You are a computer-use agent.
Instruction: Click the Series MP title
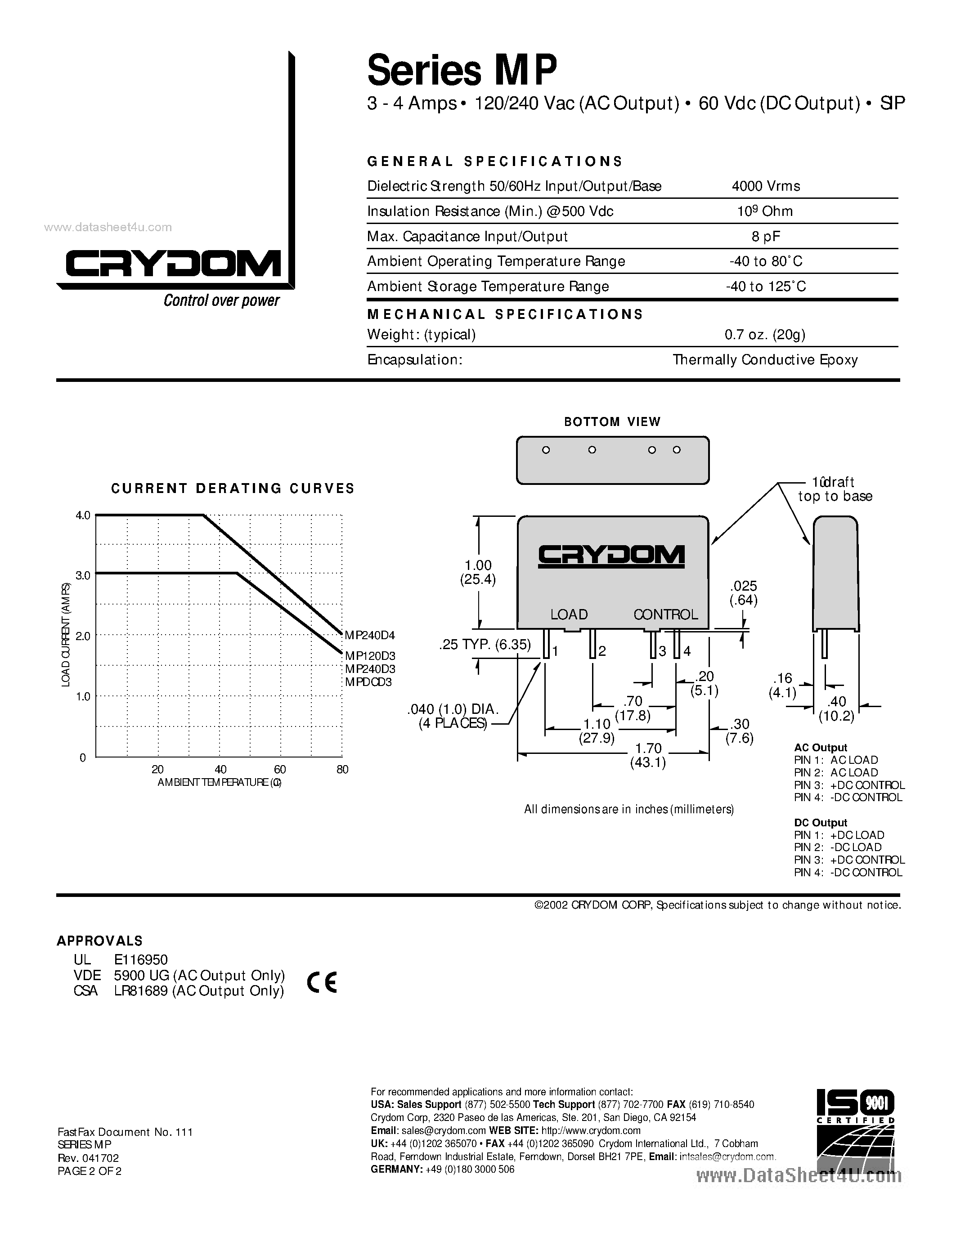point(462,70)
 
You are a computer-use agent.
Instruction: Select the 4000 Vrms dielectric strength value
point(766,186)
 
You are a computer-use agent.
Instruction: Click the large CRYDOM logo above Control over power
point(173,264)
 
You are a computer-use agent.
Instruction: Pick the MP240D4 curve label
point(370,636)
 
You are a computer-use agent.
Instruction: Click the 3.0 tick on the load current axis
point(83,575)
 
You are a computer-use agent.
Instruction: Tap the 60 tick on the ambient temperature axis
point(280,769)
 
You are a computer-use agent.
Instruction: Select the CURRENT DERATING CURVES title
point(233,488)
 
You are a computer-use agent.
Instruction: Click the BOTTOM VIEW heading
point(612,422)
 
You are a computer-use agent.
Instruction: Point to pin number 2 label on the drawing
point(602,651)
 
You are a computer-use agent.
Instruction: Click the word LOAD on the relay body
point(569,614)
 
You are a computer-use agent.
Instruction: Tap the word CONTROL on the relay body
point(665,614)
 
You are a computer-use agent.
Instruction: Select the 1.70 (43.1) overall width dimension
point(648,755)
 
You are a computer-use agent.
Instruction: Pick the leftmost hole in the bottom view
point(546,450)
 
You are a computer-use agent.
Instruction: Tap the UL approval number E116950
point(140,959)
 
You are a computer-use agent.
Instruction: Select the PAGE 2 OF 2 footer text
point(90,1171)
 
